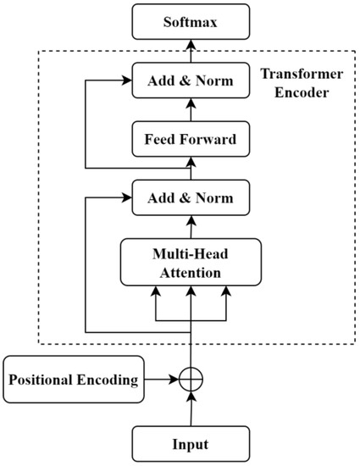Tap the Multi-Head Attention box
pyautogui.click(x=191, y=262)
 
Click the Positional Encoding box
pyautogui.click(x=72, y=379)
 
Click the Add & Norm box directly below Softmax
pyautogui.click(x=191, y=82)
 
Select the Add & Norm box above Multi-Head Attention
pyautogui.click(x=191, y=200)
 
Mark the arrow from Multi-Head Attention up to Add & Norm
pyautogui.click(x=191, y=228)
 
